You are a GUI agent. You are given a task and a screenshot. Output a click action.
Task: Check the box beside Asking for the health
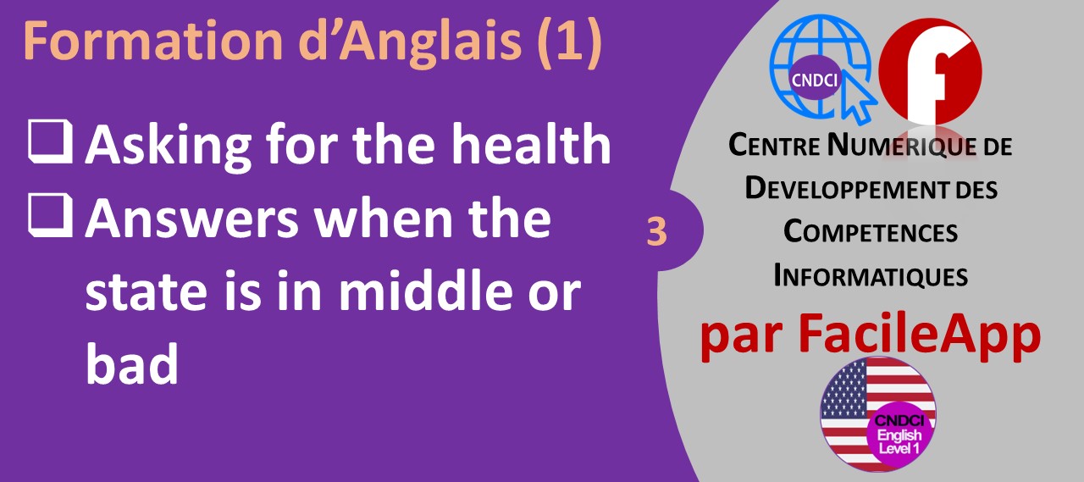click(51, 141)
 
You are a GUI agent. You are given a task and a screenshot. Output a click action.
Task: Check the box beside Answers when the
click(51, 215)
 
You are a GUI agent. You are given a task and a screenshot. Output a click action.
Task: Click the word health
click(531, 143)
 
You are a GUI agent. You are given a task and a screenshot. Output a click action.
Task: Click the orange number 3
click(656, 231)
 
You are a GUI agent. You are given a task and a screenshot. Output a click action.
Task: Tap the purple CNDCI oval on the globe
click(814, 80)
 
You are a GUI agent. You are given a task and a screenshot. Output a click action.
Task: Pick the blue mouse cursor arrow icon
click(859, 99)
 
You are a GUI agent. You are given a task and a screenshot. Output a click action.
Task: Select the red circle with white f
click(930, 70)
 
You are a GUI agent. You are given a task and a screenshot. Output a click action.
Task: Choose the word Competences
click(871, 232)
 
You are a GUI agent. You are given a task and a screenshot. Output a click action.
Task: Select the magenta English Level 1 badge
click(899, 434)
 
